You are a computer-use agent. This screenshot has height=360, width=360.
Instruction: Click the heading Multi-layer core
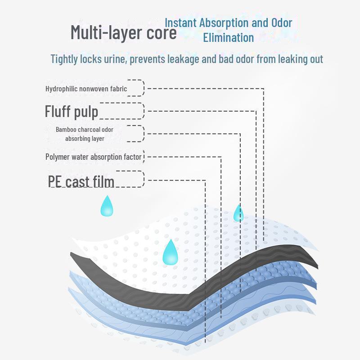124,33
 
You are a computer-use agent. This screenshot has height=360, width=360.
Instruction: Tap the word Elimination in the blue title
228,37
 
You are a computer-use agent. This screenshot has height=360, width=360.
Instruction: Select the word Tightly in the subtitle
66,59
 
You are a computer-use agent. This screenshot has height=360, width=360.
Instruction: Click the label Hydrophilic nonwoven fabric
86,89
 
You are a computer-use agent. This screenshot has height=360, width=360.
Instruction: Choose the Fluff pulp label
72,111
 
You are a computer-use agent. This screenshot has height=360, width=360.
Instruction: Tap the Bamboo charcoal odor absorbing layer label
78,134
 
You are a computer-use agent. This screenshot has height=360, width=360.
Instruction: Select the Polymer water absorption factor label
94,157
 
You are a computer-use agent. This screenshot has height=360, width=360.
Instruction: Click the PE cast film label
81,181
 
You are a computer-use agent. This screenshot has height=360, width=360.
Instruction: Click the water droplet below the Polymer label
107,206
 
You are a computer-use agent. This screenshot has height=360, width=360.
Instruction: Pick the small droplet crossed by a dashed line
238,213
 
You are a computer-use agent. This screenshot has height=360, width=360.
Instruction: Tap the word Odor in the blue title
282,23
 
